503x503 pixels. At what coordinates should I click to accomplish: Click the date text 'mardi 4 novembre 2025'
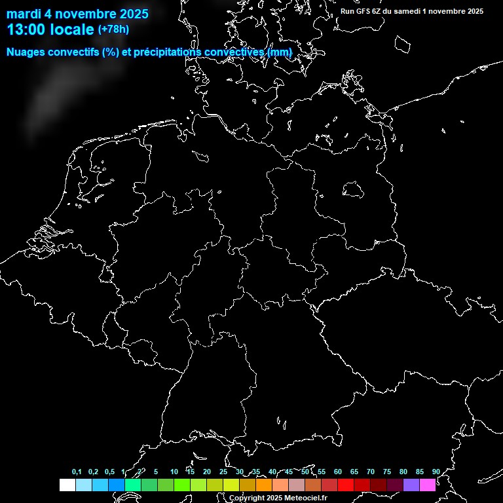click(x=77, y=14)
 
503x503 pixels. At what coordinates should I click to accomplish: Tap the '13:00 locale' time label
click(x=51, y=30)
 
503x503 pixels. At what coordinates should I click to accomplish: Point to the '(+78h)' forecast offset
click(x=113, y=29)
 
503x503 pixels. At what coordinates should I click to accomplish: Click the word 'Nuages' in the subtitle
click(x=26, y=52)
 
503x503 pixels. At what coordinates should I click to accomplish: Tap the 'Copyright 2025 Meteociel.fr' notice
click(x=278, y=498)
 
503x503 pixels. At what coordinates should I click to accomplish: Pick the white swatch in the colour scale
click(x=67, y=485)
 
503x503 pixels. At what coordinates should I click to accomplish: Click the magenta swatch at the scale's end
click(x=427, y=485)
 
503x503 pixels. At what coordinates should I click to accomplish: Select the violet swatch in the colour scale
click(x=411, y=485)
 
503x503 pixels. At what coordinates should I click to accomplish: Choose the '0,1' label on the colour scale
click(x=77, y=472)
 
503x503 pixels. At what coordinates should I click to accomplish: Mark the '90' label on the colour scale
click(x=436, y=472)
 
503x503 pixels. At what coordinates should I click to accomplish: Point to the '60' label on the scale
click(x=337, y=472)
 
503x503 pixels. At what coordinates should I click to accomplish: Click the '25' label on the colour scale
click(x=223, y=472)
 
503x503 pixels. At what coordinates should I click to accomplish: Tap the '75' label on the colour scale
click(x=386, y=472)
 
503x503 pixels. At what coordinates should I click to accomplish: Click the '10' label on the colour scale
click(x=174, y=472)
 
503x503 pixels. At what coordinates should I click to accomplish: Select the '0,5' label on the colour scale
click(x=109, y=472)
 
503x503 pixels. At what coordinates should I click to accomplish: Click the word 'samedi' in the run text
click(x=413, y=11)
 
